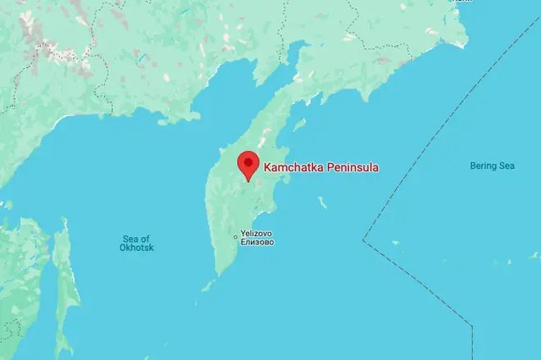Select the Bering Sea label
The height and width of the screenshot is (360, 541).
pos(492,166)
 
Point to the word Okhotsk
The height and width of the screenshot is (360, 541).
pos(136,248)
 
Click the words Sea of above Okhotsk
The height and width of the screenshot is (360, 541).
pos(136,238)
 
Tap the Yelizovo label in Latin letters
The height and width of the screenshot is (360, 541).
pos(257,232)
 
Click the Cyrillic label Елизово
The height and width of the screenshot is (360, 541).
pos(257,242)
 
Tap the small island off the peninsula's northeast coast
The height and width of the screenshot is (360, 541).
pos(300,125)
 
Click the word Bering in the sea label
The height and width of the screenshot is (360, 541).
pos(482,166)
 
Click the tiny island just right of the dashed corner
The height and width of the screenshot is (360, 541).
pos(395,243)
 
